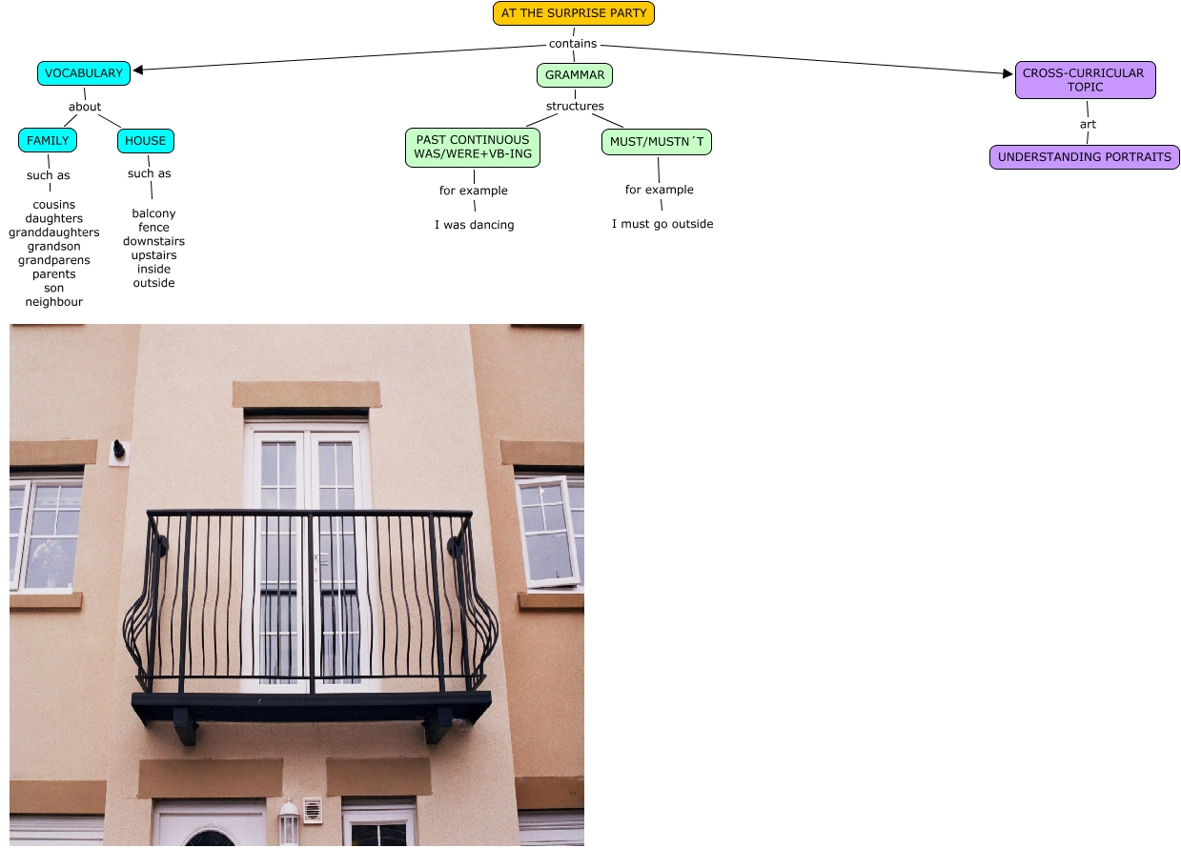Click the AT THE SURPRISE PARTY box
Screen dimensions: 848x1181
tap(574, 13)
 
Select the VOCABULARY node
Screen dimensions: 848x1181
tap(84, 73)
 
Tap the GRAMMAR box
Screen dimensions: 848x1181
tap(575, 74)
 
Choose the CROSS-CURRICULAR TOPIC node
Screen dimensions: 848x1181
tap(1085, 80)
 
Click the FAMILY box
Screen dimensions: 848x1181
tap(48, 141)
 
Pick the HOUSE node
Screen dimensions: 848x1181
tap(146, 141)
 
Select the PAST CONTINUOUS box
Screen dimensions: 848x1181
tap(473, 148)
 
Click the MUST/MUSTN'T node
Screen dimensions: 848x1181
tap(658, 142)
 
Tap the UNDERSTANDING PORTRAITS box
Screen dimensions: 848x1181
tap(1085, 157)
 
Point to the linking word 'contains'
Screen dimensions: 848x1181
tap(573, 44)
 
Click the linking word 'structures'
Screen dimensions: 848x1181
tap(575, 107)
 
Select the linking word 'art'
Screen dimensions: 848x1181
tap(1088, 125)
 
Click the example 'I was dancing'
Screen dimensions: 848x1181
tap(475, 226)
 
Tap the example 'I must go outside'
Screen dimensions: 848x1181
tap(662, 225)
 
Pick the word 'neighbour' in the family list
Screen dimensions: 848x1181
tap(54, 302)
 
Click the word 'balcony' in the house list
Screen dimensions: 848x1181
tap(153, 213)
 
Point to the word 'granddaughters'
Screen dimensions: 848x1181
tap(54, 232)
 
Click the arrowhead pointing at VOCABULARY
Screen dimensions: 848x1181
tap(139, 69)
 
